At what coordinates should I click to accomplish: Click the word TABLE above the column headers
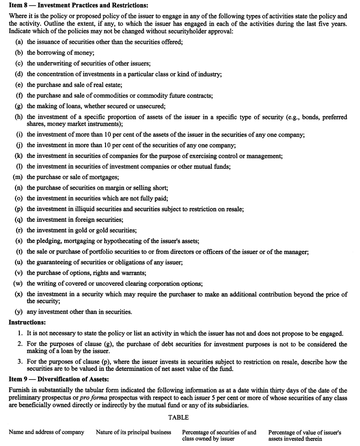tap(178, 417)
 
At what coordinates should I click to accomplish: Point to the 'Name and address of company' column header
tap(46, 432)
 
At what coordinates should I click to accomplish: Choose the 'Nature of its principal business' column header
tap(133, 432)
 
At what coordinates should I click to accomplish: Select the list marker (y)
tap(19, 312)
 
